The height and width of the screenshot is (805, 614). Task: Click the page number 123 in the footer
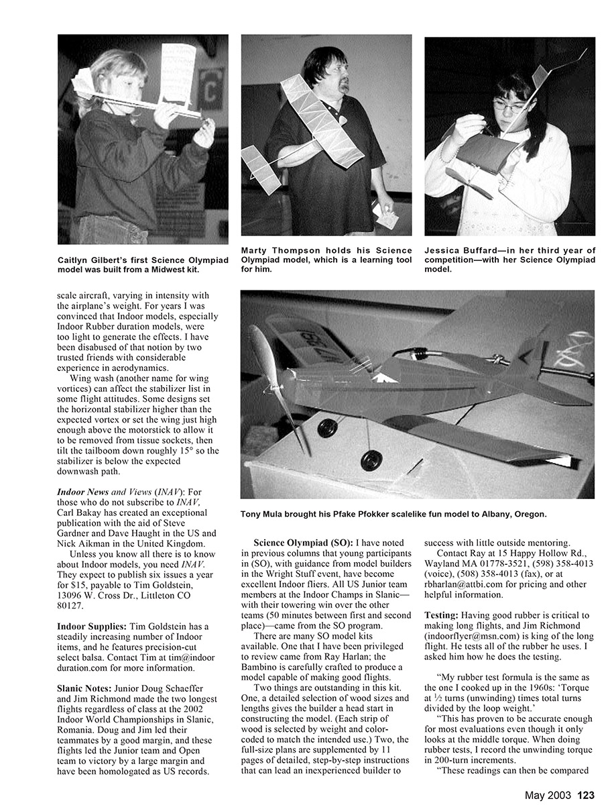[586, 795]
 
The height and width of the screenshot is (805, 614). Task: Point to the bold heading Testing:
[444, 615]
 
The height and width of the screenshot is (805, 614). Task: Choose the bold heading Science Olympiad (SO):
[304, 541]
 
